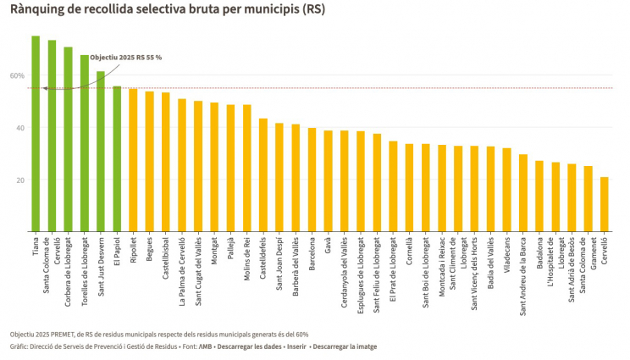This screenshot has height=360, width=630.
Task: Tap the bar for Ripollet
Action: pyautogui.click(x=133, y=160)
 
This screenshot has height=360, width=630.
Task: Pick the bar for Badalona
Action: pyautogui.click(x=539, y=196)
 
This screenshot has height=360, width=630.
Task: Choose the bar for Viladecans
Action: pyautogui.click(x=506, y=190)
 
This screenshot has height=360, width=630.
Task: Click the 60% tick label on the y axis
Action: pyautogui.click(x=17, y=75)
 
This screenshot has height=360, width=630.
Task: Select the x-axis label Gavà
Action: pyautogui.click(x=328, y=248)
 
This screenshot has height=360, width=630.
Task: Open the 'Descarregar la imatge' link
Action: pyautogui.click(x=344, y=346)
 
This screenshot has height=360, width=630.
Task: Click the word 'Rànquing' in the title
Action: pyautogui.click(x=36, y=9)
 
